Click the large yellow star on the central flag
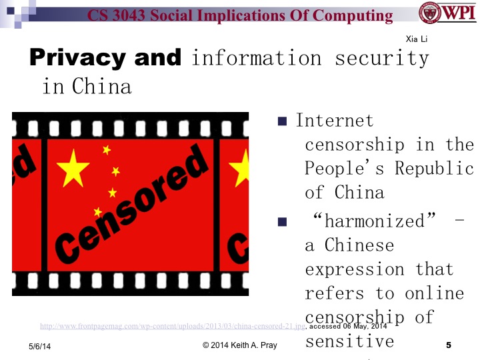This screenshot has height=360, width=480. (73, 169)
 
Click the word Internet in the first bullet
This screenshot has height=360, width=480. (335, 121)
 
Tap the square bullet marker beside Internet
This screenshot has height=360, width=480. (282, 121)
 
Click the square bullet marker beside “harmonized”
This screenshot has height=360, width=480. (282, 221)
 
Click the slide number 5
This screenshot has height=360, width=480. (448, 345)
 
